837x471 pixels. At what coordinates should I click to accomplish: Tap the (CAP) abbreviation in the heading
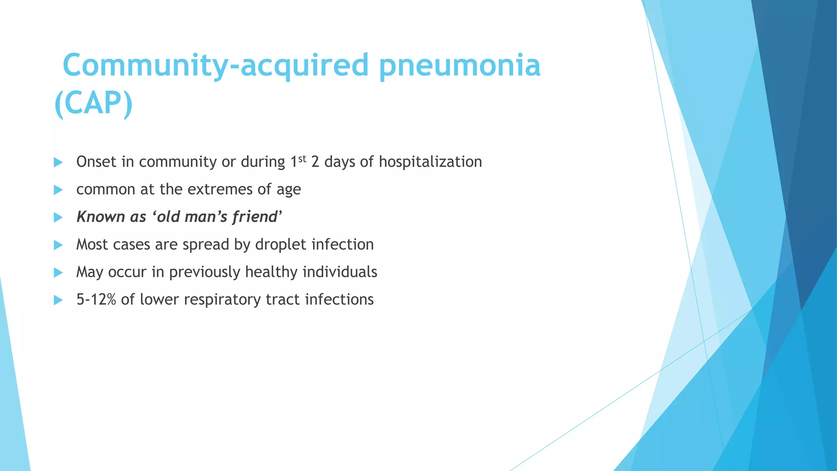94,103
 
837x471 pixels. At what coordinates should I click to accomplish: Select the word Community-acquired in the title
216,65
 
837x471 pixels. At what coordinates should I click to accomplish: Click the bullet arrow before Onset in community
58,162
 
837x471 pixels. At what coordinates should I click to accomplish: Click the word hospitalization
430,162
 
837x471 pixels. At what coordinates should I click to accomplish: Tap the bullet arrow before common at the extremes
58,190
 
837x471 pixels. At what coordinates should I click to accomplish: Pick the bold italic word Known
101,217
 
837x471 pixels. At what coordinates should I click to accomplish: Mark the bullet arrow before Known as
58,217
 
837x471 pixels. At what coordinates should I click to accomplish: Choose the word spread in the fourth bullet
206,245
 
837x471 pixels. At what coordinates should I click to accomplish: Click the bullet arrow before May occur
58,272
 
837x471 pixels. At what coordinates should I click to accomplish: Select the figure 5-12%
96,299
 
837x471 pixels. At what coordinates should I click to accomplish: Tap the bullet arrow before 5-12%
58,300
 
